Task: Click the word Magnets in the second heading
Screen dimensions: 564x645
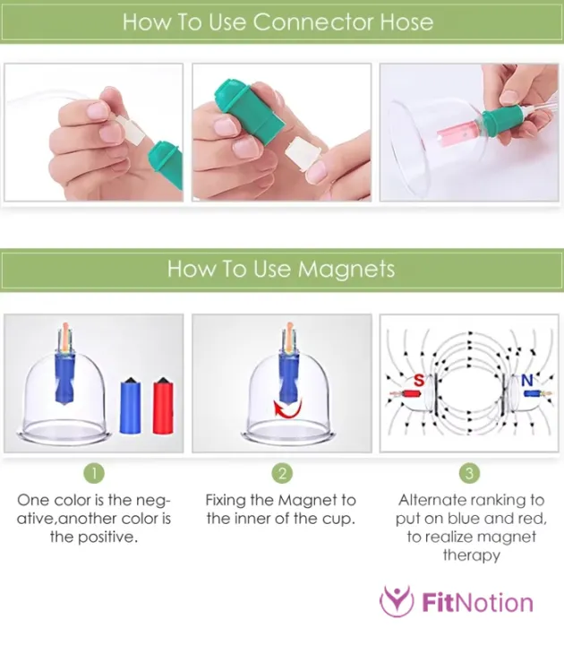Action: click(x=346, y=270)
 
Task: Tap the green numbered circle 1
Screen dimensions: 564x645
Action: click(x=94, y=474)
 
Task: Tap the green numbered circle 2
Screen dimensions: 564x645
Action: click(x=282, y=474)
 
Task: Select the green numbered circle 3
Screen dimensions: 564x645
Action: click(x=469, y=474)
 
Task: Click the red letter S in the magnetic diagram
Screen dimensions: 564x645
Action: click(x=418, y=380)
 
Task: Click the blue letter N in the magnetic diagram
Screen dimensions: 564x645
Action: click(x=527, y=381)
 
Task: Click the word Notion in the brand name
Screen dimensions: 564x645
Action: click(x=494, y=603)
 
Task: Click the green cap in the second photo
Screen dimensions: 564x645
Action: click(x=248, y=112)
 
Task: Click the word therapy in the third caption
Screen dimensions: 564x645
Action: click(x=472, y=555)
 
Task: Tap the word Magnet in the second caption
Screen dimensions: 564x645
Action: click(x=307, y=500)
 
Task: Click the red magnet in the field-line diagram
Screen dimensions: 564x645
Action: click(x=411, y=393)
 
